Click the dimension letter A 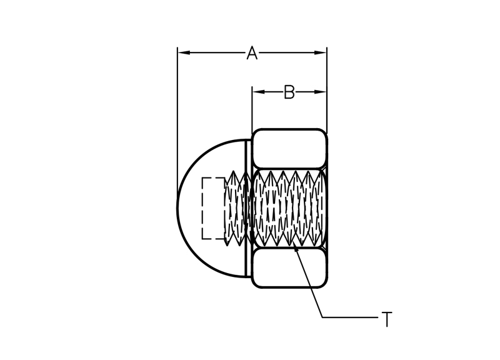click(252, 53)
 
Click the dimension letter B click(289, 92)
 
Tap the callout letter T click(387, 319)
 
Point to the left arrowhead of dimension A click(184, 52)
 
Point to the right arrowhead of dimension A click(321, 52)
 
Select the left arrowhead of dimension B click(259, 92)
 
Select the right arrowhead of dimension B click(321, 92)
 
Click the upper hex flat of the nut click(289, 148)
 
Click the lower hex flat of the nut click(289, 268)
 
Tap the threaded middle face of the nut click(289, 208)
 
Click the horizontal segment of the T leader click(350, 317)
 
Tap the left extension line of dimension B click(252, 108)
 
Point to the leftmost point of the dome click(177, 208)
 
